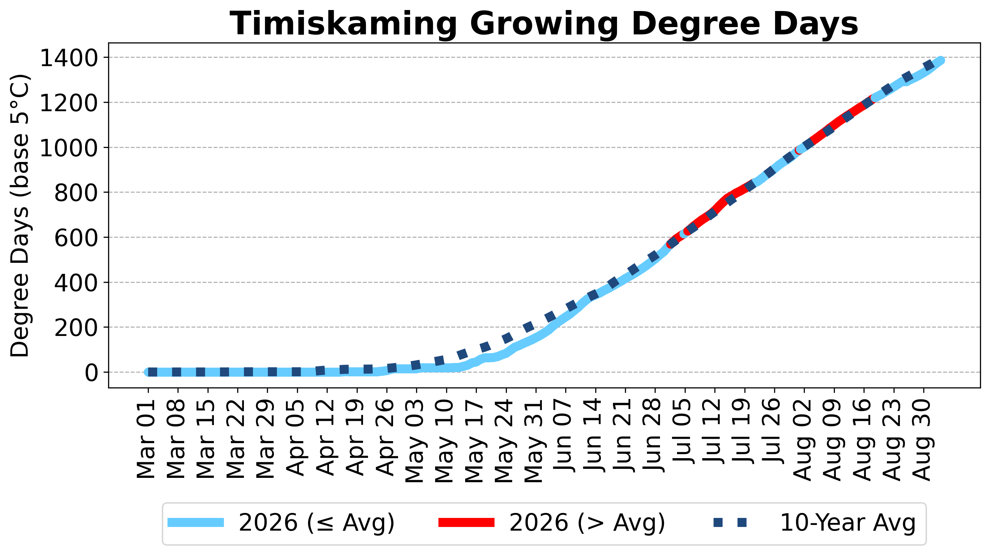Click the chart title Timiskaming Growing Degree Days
544,24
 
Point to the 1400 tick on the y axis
69,58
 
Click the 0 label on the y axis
92,373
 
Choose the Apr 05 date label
296,438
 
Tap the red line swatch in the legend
466,522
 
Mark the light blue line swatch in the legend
196,522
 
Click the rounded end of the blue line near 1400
940,61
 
